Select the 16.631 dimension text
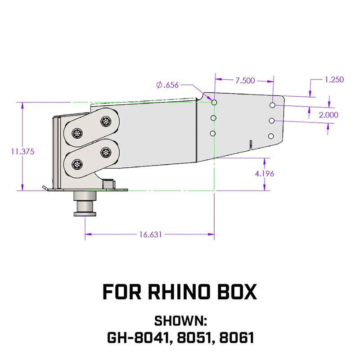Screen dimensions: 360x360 (x=151, y=234)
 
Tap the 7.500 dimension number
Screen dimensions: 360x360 (x=245, y=81)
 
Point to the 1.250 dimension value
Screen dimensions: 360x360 (x=334, y=80)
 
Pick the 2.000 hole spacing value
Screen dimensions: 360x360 (x=328, y=115)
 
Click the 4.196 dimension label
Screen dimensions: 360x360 (x=265, y=173)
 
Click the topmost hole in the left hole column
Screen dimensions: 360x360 (x=214, y=103)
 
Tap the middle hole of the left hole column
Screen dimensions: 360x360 (x=214, y=118)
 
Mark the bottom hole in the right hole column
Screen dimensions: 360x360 (x=271, y=136)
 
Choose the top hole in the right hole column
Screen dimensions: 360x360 (x=273, y=105)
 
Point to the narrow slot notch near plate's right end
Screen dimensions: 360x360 (x=250, y=144)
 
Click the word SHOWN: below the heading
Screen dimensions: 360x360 (x=180, y=321)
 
